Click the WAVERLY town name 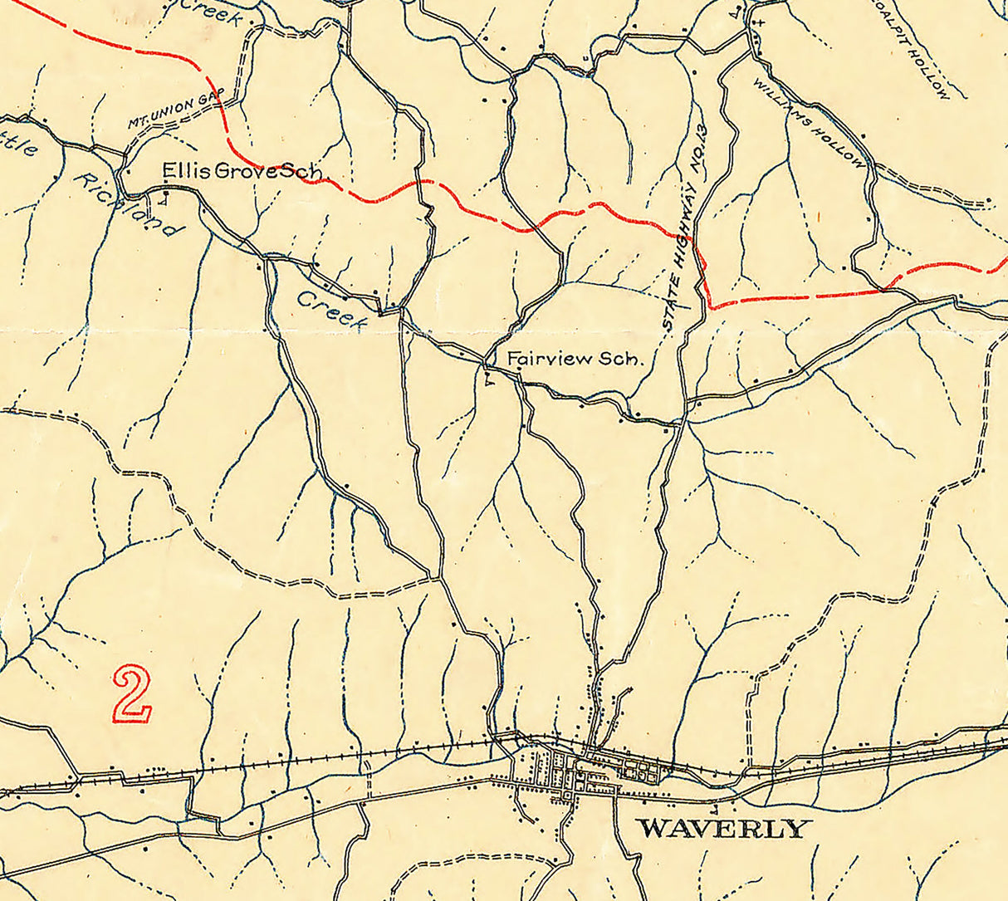pyautogui.click(x=721, y=828)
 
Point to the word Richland pyautogui.click(x=125, y=204)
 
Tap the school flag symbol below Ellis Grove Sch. pyautogui.click(x=165, y=198)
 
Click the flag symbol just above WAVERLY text pyautogui.click(x=715, y=807)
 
